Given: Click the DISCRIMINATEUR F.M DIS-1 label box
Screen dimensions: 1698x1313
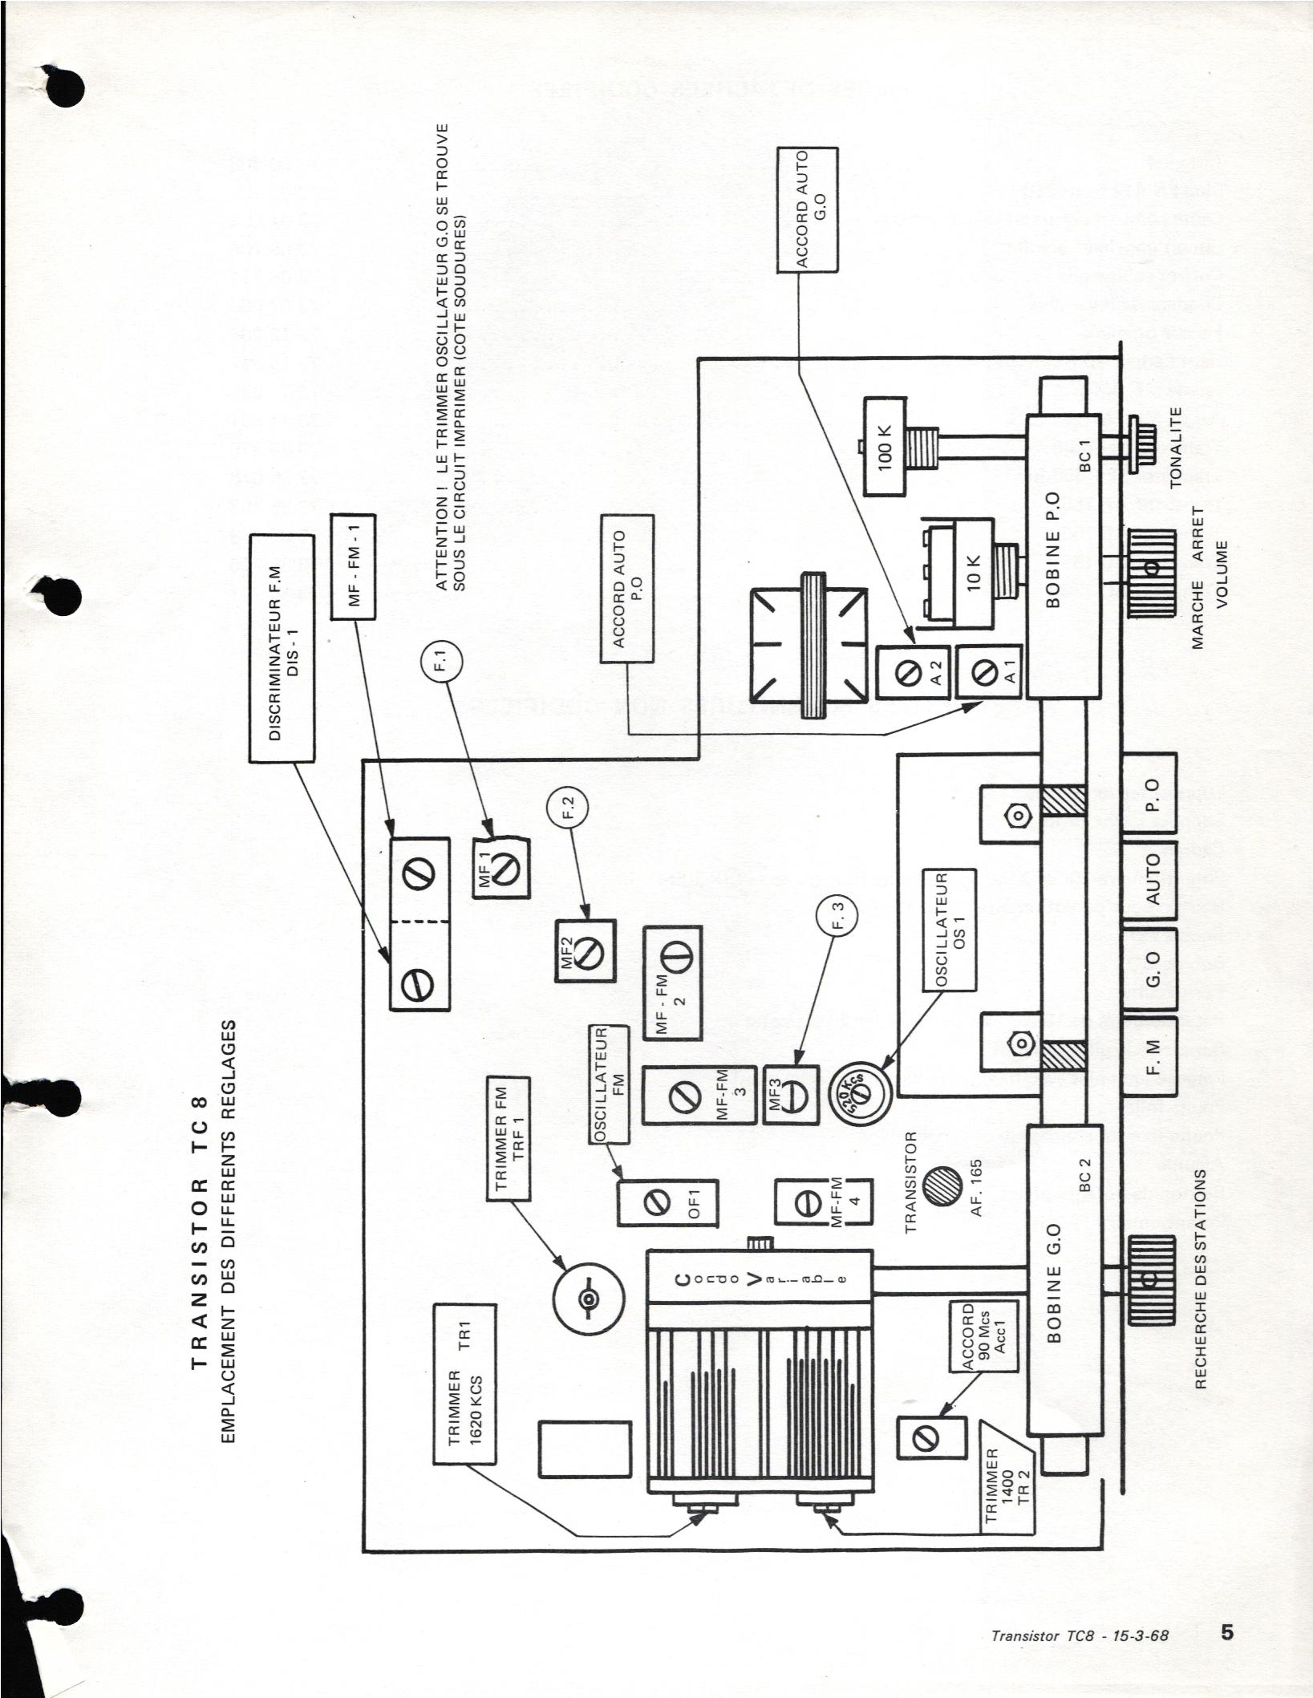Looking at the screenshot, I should (283, 649).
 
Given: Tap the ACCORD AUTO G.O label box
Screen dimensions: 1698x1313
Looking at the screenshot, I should (808, 210).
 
